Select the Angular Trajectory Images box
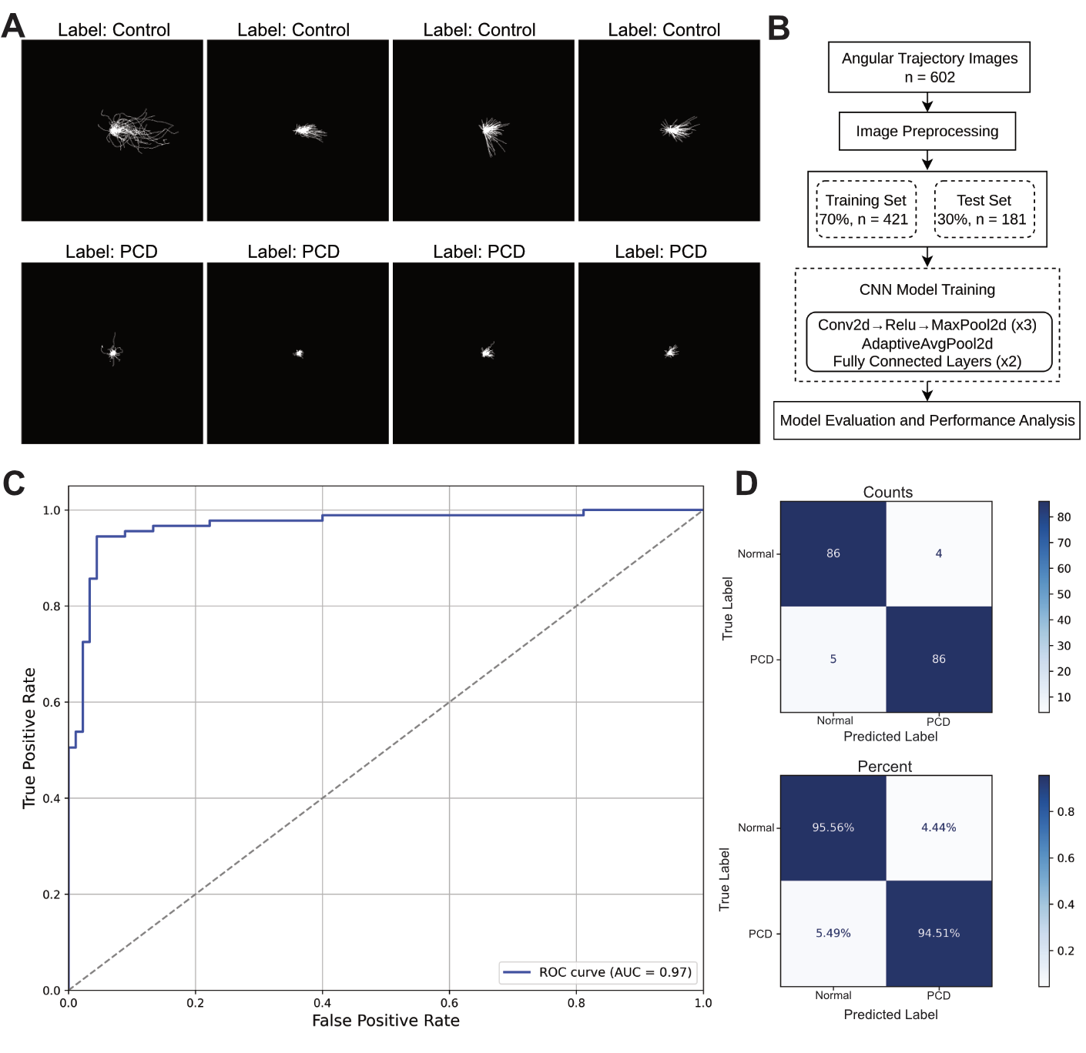click(929, 68)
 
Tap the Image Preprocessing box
click(927, 132)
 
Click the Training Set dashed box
click(866, 209)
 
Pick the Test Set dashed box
click(984, 209)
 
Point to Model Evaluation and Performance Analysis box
click(927, 420)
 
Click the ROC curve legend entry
click(598, 972)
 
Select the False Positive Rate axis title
click(385, 1021)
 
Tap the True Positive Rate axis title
click(29, 737)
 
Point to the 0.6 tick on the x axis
click(449, 1003)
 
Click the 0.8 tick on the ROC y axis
click(52, 607)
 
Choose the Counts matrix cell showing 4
click(939, 553)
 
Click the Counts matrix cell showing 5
click(833, 659)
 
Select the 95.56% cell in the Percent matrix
click(833, 827)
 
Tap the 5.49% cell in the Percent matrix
click(833, 933)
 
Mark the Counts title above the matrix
click(887, 493)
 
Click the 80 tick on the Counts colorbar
click(1064, 517)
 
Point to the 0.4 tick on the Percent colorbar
click(1065, 904)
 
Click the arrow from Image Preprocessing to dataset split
click(927, 160)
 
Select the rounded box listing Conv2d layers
click(928, 343)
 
